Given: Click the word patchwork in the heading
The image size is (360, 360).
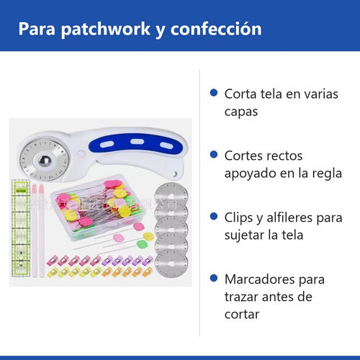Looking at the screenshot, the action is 106,30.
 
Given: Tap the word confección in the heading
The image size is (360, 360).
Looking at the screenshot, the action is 216,29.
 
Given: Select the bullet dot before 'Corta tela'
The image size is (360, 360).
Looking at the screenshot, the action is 214,93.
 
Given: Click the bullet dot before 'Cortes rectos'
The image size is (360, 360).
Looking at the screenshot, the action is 214,155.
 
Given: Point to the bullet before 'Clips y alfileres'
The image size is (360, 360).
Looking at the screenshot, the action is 214,217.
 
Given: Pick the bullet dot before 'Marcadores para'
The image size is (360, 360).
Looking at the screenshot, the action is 214,279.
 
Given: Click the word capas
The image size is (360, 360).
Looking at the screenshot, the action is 241,112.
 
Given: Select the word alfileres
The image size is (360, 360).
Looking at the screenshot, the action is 289,217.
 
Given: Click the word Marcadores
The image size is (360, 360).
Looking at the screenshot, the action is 260,279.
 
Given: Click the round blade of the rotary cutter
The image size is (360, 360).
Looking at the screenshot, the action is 44,160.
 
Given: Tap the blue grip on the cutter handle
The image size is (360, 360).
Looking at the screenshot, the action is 136,143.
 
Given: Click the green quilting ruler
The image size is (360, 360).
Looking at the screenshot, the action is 21,228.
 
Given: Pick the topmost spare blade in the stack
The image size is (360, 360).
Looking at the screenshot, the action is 171,193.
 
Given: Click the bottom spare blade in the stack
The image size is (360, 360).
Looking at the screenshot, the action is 171,264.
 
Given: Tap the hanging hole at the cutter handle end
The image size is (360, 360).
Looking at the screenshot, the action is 175,174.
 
